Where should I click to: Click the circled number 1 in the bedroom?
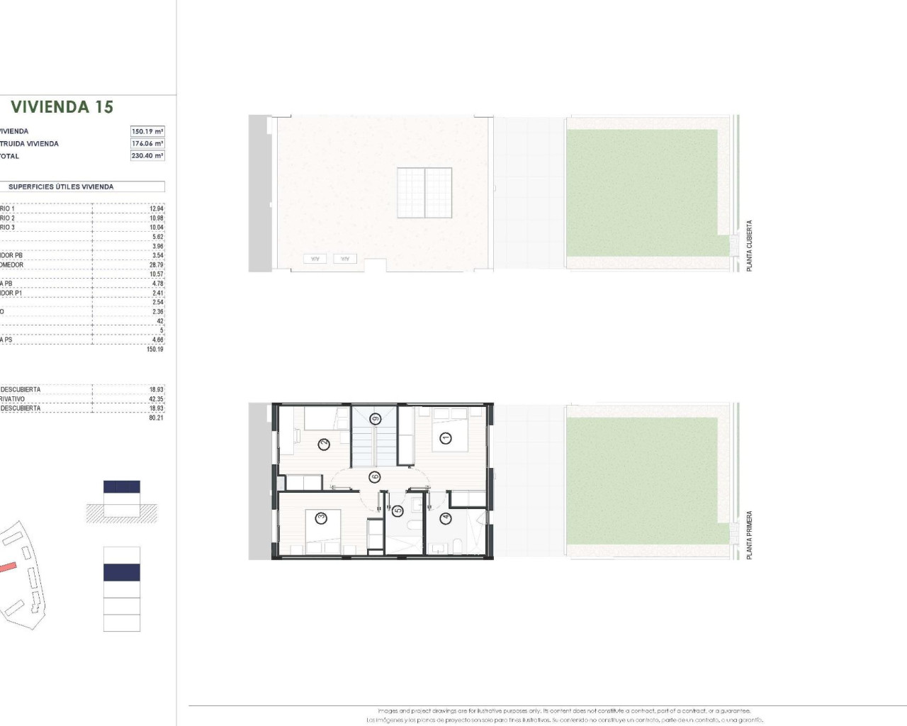(445, 437)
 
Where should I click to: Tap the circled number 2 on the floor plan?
(324, 445)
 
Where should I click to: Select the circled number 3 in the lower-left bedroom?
(321, 518)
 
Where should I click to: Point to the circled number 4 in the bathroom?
(445, 518)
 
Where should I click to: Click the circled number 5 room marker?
(398, 510)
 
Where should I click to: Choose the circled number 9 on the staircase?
(376, 419)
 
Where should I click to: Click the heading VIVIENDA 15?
(62, 107)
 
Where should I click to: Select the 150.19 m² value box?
(147, 131)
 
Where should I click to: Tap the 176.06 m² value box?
(147, 143)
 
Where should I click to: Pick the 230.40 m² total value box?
(147, 156)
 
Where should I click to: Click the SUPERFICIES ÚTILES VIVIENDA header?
(61, 187)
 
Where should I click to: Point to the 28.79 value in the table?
(156, 265)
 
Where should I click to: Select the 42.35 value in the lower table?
(156, 399)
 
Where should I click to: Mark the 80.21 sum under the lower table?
(156, 418)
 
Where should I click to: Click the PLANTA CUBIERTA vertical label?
(750, 245)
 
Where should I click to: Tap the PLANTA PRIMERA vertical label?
(750, 535)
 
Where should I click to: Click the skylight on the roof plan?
(424, 193)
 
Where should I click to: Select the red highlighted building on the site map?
(6, 566)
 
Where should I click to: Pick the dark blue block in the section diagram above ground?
(122, 486)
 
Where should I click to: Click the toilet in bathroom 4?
(458, 545)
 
